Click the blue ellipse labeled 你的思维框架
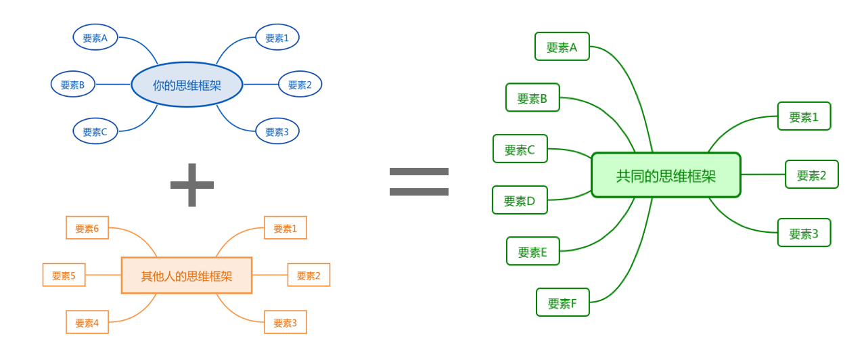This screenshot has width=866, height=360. pos(187,85)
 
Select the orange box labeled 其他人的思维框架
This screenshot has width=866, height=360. pos(187,275)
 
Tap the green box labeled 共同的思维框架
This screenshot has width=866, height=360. pos(666,175)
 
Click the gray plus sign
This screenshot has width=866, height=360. pos(192,185)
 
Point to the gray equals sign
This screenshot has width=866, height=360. pos(419,182)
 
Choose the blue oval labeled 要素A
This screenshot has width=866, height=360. pos(95,38)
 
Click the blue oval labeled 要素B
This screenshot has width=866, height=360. pos(73,85)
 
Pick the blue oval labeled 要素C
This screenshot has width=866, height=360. pos(95,131)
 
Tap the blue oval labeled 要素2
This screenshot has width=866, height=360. pos(300,85)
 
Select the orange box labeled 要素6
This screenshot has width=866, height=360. pos(87,228)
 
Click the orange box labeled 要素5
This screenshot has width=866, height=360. pos(64,275)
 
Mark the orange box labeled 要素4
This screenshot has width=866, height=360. pos(87,322)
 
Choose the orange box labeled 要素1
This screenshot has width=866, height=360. pos(285,228)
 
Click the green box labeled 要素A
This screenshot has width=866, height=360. pos(562,47)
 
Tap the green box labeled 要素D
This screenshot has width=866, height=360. pos(520,200)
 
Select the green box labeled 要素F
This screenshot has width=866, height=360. pos(562,302)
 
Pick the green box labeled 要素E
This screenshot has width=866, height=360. pos(532,252)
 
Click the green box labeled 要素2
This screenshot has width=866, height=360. pos(811,175)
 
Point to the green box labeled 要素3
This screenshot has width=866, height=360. pos(804,233)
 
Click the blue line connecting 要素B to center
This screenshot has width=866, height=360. pos(113,85)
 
